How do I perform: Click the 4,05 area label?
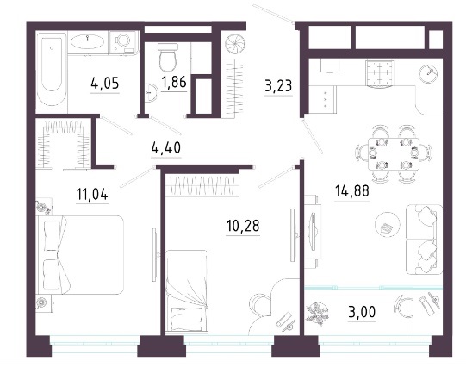[105, 84]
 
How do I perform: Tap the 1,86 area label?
[174, 82]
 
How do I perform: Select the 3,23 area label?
[278, 86]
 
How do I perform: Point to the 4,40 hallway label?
[166, 147]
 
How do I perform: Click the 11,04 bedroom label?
[92, 194]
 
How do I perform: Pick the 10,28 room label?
[243, 226]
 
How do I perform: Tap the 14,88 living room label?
[352, 190]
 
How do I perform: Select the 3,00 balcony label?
[362, 312]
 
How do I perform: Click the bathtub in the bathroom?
[52, 69]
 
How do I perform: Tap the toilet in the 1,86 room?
[168, 58]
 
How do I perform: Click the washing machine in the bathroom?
[123, 42]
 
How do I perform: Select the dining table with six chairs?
[394, 153]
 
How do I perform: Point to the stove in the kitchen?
[380, 73]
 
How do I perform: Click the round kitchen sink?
[428, 73]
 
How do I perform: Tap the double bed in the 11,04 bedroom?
[79, 255]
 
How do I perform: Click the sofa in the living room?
[424, 240]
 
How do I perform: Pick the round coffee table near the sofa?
[388, 224]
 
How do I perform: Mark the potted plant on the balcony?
[317, 314]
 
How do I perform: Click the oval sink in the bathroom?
[87, 41]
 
